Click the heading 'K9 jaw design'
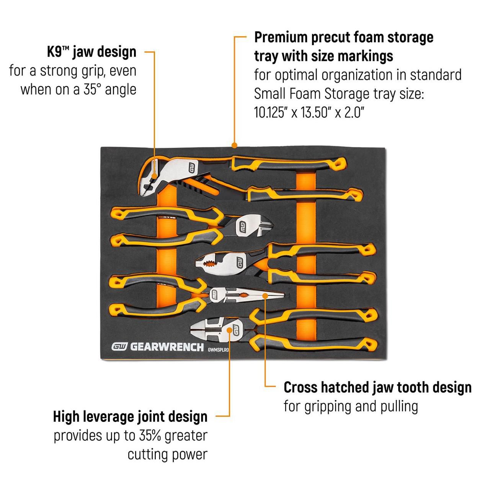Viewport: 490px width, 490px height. pos(92,52)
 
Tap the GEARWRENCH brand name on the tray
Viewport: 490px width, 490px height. pos(167,347)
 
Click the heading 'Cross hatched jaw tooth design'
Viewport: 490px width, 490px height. pos(377,387)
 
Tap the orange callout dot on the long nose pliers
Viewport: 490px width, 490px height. pos(265,296)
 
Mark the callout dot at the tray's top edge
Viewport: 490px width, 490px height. pos(234,145)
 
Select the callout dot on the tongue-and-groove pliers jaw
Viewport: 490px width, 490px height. pos(154,175)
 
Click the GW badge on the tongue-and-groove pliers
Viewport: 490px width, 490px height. pos(192,168)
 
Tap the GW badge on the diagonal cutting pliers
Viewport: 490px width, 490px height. pos(242,227)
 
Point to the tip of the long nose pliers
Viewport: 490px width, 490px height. pos(284,295)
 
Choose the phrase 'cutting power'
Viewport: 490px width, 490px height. pos(168,455)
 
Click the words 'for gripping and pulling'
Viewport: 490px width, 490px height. pos(351,406)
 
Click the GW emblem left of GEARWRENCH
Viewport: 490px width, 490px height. pos(119,347)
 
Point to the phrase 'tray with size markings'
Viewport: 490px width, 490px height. pos(323,56)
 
